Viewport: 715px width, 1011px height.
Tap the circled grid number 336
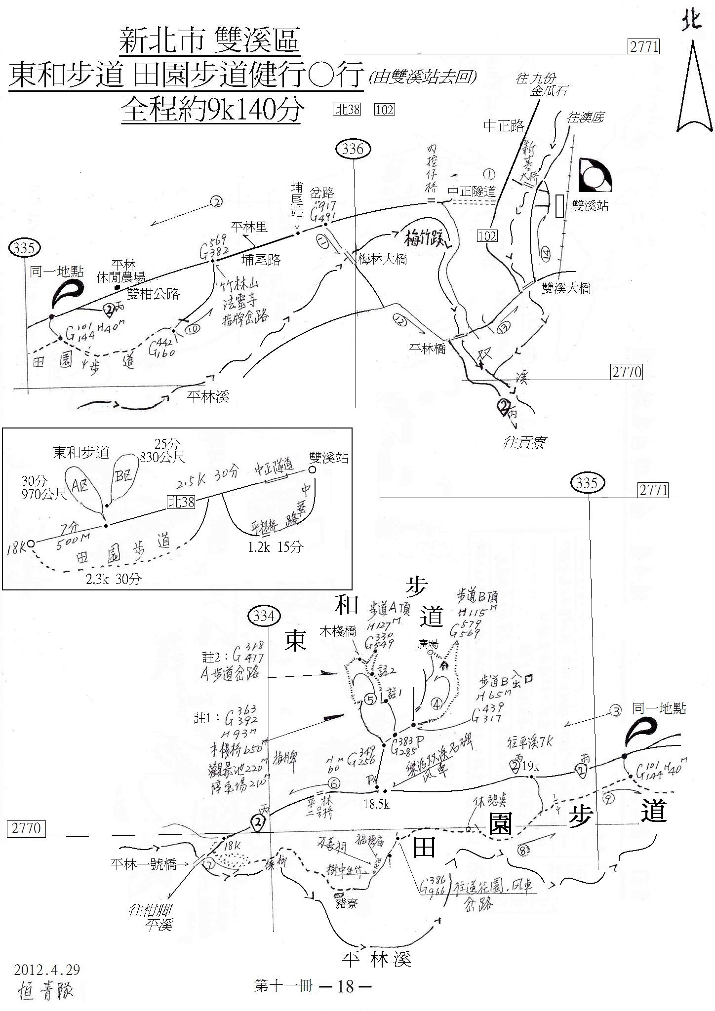point(353,149)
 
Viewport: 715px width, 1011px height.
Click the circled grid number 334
point(264,617)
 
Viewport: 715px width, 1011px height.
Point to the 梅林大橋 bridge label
point(383,259)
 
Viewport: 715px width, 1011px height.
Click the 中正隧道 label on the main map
point(471,192)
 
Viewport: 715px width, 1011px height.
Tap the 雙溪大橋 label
point(566,288)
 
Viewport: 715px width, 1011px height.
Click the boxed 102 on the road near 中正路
point(487,235)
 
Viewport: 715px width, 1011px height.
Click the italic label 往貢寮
point(524,443)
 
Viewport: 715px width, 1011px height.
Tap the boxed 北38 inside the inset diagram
point(181,502)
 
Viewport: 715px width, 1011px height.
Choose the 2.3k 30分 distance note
point(114,579)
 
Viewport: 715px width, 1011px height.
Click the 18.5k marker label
point(377,805)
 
